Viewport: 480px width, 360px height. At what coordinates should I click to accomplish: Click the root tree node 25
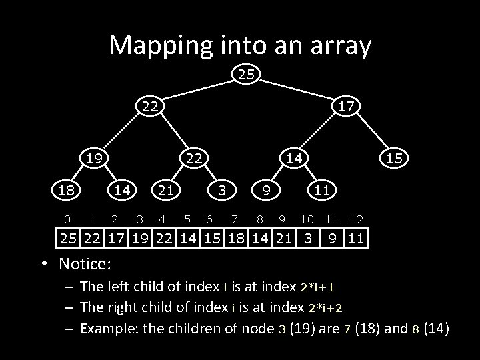click(x=246, y=75)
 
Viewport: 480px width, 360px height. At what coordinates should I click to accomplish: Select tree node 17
click(x=345, y=106)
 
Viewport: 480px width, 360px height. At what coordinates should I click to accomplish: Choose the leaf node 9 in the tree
click(x=265, y=190)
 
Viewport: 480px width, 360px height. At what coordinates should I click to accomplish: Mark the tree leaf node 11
click(x=321, y=190)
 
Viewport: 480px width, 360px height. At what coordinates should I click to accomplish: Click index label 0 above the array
click(x=66, y=218)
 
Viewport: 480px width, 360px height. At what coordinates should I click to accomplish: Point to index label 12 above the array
click(x=356, y=218)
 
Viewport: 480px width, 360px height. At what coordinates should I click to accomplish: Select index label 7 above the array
click(x=233, y=218)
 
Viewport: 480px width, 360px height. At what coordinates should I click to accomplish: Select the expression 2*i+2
click(x=325, y=307)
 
